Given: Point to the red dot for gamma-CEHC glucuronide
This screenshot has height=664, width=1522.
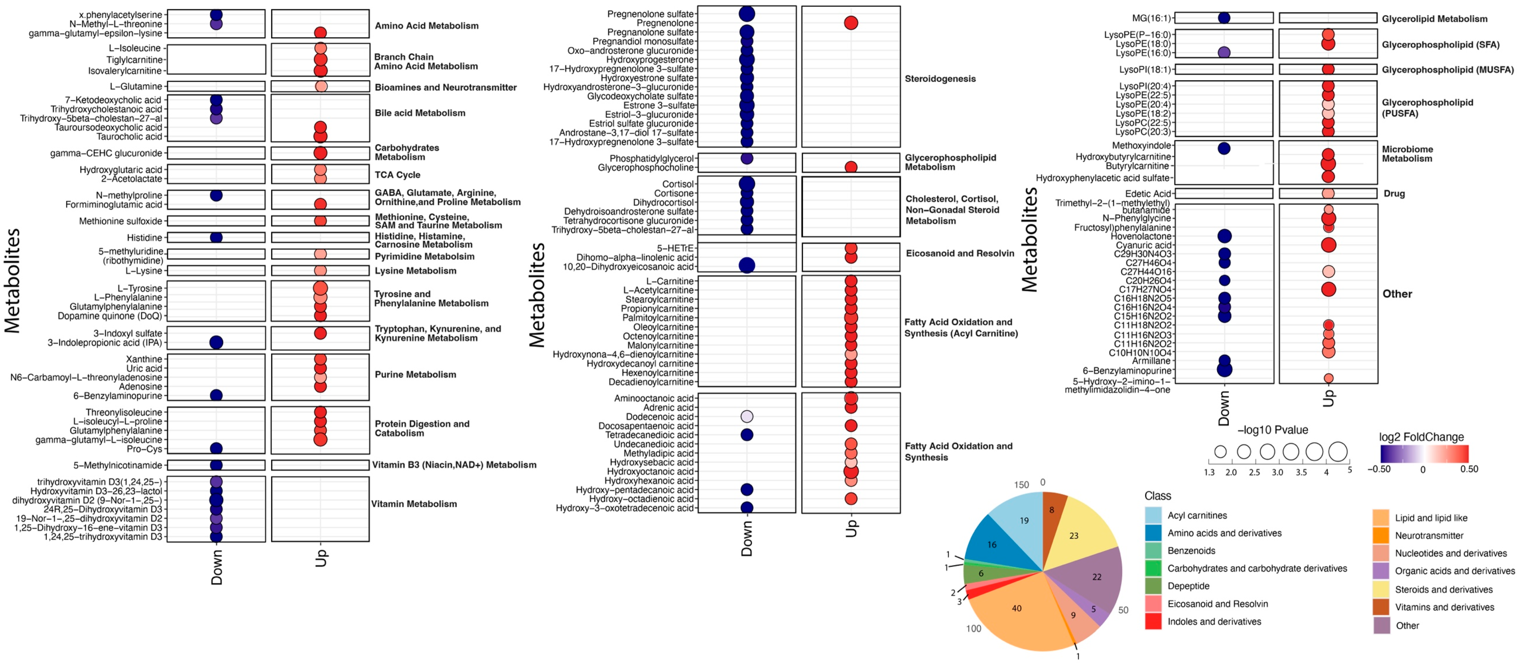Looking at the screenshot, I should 320,153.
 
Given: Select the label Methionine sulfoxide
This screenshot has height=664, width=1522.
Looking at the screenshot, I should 121,221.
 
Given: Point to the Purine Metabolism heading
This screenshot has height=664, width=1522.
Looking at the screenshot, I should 415,374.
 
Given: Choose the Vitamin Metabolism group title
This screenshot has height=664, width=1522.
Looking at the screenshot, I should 414,504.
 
